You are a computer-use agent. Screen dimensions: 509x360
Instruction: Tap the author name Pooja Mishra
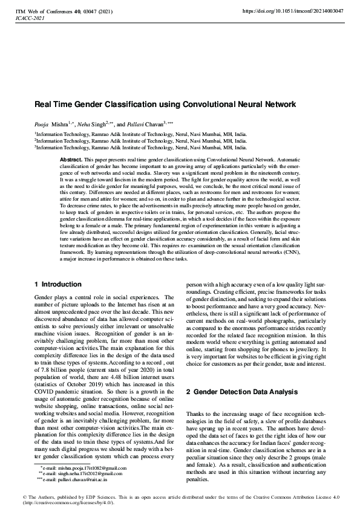tap(49, 122)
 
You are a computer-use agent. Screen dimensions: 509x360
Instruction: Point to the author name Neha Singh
tap(89, 122)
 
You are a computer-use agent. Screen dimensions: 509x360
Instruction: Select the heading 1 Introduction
tap(58, 284)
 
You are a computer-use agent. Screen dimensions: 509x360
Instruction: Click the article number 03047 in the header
tap(83, 11)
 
